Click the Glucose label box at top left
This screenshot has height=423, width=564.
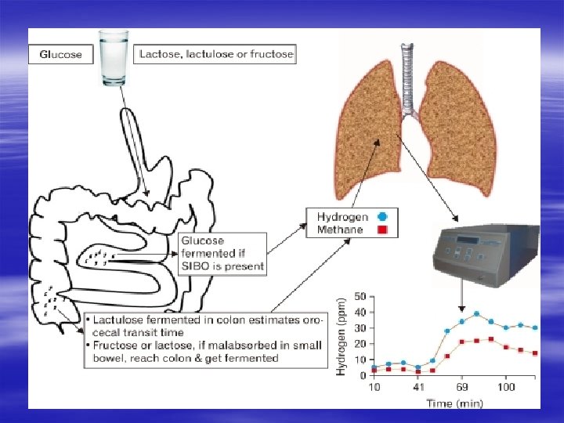coord(61,54)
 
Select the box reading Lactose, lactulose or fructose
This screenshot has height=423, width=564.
coord(215,54)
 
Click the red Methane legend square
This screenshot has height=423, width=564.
coord(382,230)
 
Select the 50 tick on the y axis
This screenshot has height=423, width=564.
coord(360,297)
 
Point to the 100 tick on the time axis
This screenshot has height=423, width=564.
coord(506,388)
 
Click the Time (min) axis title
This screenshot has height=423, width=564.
coord(455,403)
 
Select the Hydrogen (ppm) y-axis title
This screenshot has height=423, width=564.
coord(342,334)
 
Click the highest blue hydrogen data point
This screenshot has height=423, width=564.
coord(476,313)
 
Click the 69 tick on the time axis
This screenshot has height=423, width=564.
coord(462,388)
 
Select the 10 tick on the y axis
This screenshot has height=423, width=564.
coord(360,360)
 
